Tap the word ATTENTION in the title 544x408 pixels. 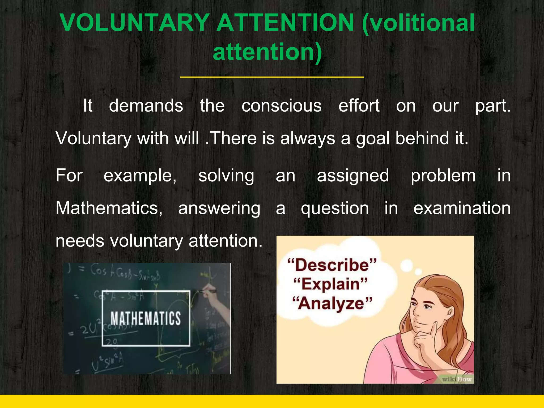click(x=286, y=23)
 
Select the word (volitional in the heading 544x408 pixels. click(x=419, y=23)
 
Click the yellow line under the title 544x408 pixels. click(x=272, y=77)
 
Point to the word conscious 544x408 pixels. click(x=282, y=106)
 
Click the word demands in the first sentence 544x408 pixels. click(x=146, y=106)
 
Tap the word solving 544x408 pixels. click(x=226, y=176)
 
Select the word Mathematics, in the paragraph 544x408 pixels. click(x=109, y=208)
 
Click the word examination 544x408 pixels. click(x=462, y=208)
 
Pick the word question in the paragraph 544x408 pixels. click(x=335, y=209)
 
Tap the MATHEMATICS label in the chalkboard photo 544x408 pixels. click(x=146, y=318)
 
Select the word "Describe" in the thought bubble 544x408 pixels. click(x=332, y=265)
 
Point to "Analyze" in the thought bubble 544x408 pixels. click(x=332, y=303)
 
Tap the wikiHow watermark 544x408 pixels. click(x=457, y=379)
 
